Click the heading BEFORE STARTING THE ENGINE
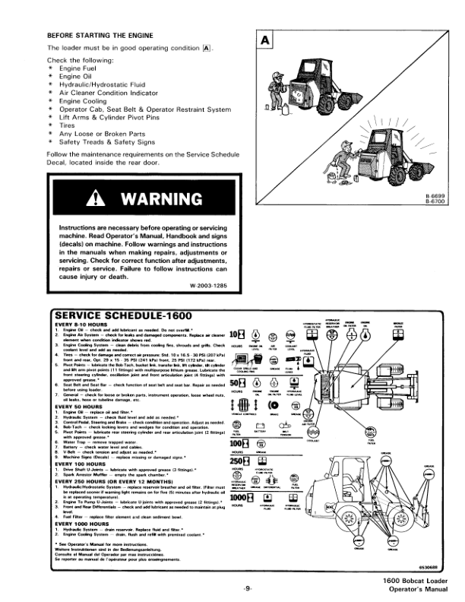click(100, 36)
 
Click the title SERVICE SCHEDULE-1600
click(119, 315)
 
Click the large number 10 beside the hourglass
click(234, 337)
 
